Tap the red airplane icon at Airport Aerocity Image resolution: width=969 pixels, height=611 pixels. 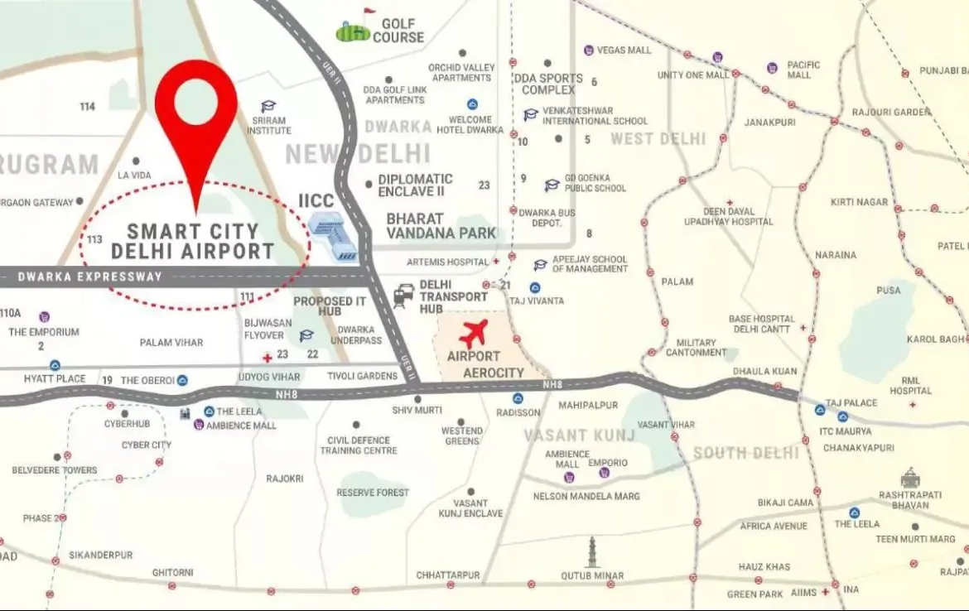(474, 334)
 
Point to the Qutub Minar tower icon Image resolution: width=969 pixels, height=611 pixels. (593, 550)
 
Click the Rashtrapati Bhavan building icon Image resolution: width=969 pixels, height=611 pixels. (910, 478)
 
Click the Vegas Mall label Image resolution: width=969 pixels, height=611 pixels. (624, 51)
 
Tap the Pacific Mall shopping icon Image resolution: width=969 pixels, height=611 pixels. (772, 67)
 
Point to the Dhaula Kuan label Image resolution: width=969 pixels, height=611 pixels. (770, 372)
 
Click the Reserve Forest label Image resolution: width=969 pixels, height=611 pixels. (373, 493)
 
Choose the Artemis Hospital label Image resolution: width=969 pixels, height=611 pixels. (448, 262)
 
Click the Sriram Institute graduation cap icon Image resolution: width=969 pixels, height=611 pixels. (268, 107)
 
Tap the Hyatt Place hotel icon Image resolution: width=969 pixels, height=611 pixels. (55, 365)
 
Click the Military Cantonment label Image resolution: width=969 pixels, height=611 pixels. (696, 348)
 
